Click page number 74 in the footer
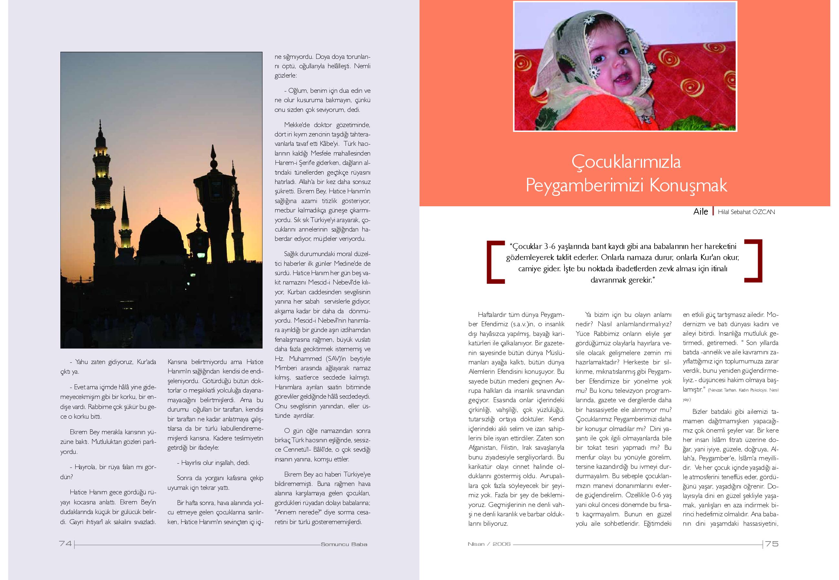click(65, 544)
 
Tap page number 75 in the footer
click(772, 544)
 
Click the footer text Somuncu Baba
click(344, 544)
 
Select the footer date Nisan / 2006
click(489, 544)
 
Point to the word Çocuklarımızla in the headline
click(626, 162)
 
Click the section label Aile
click(700, 211)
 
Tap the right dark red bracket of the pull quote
click(754, 261)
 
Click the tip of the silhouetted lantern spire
click(213, 147)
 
